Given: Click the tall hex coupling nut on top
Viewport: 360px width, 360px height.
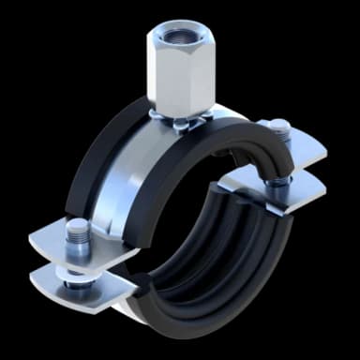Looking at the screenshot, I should [x=181, y=70].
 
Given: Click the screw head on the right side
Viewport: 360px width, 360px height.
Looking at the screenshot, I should [x=278, y=125].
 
